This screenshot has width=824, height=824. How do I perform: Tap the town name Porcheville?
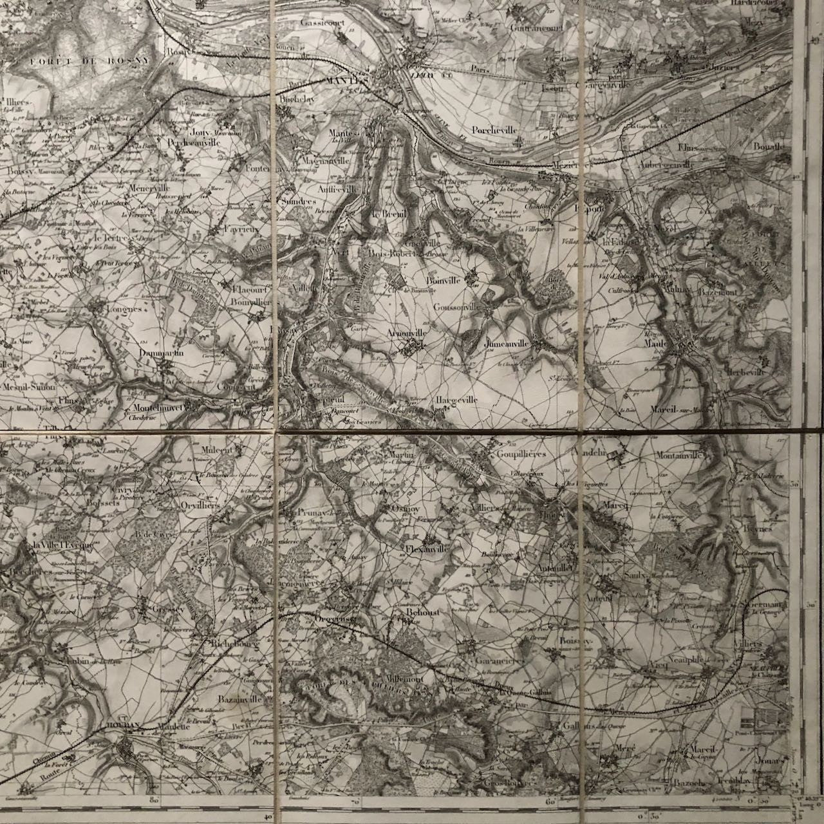pos(494,129)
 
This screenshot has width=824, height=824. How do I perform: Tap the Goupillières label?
pos(521,454)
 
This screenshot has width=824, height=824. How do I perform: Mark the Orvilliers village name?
pos(200,505)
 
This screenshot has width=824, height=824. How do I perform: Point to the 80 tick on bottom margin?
pos(154,802)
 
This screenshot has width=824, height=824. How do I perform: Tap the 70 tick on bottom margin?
pos(355,802)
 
